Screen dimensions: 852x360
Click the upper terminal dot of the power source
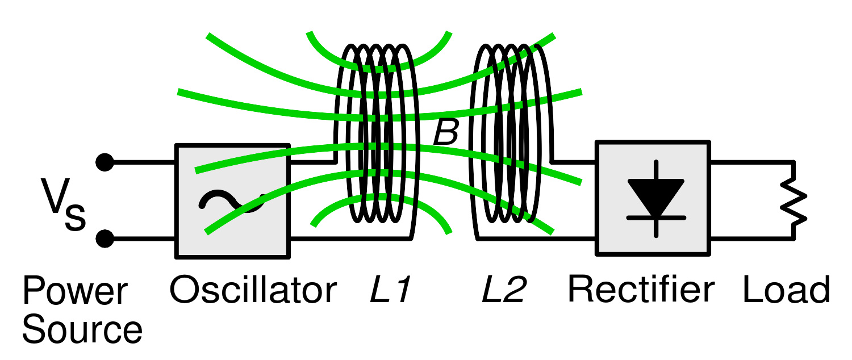[x=105, y=162]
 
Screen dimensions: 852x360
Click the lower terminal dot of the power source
[x=105, y=238]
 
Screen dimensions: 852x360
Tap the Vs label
[x=63, y=204]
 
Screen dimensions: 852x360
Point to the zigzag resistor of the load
[x=793, y=207]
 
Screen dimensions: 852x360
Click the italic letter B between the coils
[x=446, y=132]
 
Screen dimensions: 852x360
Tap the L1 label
[x=391, y=290]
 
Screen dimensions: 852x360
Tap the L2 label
[x=504, y=290]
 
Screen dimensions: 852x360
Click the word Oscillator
[x=253, y=290]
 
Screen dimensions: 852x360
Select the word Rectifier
[x=641, y=290]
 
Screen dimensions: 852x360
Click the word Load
[x=786, y=290]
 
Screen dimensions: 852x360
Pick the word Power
[x=75, y=290]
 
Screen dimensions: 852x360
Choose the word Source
[x=82, y=329]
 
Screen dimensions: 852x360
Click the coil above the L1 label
[x=377, y=133]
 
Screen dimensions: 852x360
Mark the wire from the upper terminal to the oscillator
[x=140, y=162]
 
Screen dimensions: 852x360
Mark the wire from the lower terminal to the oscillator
[x=140, y=238]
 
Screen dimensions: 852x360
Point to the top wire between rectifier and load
[x=753, y=163]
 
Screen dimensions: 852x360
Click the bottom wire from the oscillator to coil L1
[x=350, y=238]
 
